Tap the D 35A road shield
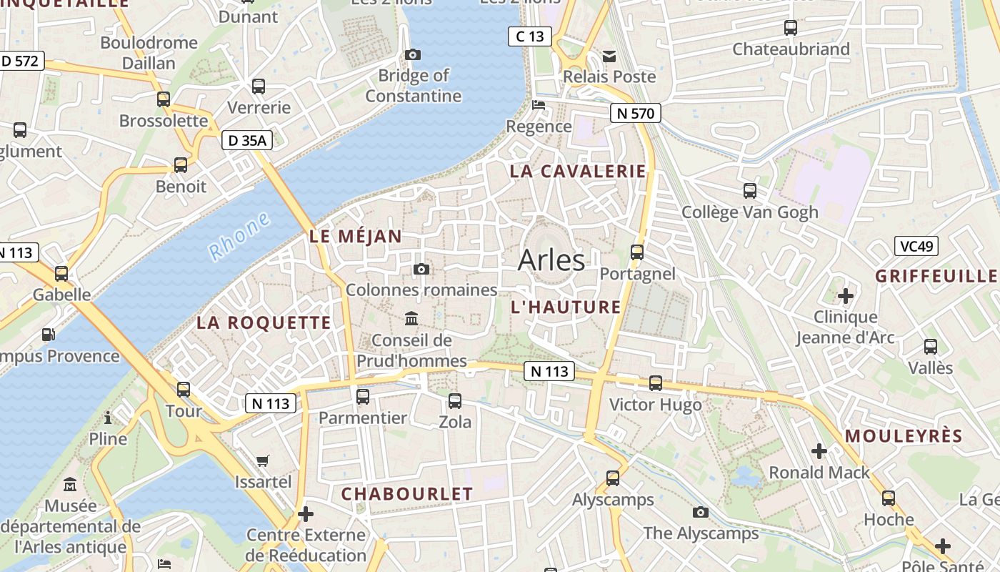click(247, 141)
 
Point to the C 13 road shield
click(530, 36)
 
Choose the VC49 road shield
click(916, 247)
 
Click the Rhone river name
click(240, 236)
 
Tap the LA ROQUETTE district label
click(264, 322)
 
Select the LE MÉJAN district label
click(356, 237)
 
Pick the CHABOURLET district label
click(407, 494)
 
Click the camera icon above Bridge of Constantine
click(413, 54)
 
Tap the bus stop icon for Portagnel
click(637, 252)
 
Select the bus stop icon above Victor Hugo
click(656, 383)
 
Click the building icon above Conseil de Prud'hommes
click(411, 318)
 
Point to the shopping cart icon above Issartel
click(263, 460)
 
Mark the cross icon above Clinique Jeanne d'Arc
click(846, 295)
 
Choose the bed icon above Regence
click(539, 105)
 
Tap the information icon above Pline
click(108, 417)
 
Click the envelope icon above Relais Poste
click(609, 55)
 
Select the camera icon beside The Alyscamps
click(701, 512)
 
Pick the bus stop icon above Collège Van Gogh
click(750, 191)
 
